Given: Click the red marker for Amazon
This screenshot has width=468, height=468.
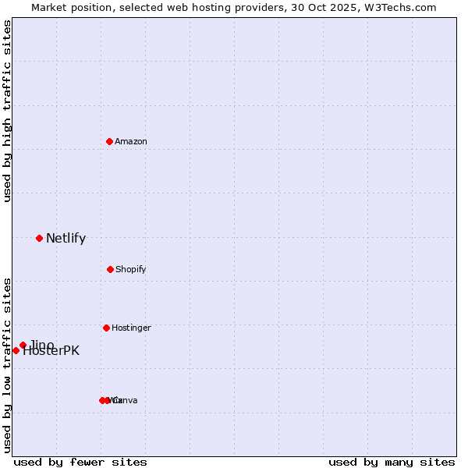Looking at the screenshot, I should [x=109, y=141].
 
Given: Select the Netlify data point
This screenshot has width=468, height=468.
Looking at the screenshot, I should [x=39, y=238].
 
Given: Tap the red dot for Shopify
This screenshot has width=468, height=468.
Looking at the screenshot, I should [x=110, y=269].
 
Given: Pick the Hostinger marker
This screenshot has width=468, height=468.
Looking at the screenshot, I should [x=106, y=328].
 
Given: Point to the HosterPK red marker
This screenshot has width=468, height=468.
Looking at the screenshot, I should [x=16, y=350].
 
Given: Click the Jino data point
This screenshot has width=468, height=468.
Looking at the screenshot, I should [x=23, y=345].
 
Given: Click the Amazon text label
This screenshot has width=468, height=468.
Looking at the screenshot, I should [x=131, y=141].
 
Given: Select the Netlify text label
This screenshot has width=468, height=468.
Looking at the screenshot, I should [x=66, y=239].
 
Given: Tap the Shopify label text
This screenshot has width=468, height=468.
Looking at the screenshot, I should [x=131, y=269].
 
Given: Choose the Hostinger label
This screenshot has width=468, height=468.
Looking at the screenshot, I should [x=131, y=328].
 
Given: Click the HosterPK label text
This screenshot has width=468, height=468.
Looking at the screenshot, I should [x=51, y=351].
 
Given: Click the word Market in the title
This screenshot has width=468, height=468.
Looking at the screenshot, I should [x=49, y=8].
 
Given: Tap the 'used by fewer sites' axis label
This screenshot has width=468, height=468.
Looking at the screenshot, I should [x=80, y=462].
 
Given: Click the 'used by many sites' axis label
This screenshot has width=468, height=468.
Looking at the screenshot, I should [x=392, y=462].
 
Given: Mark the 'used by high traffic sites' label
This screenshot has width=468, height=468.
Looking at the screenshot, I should [x=7, y=111].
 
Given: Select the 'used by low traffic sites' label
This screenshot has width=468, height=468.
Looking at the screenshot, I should [x=7, y=364].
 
